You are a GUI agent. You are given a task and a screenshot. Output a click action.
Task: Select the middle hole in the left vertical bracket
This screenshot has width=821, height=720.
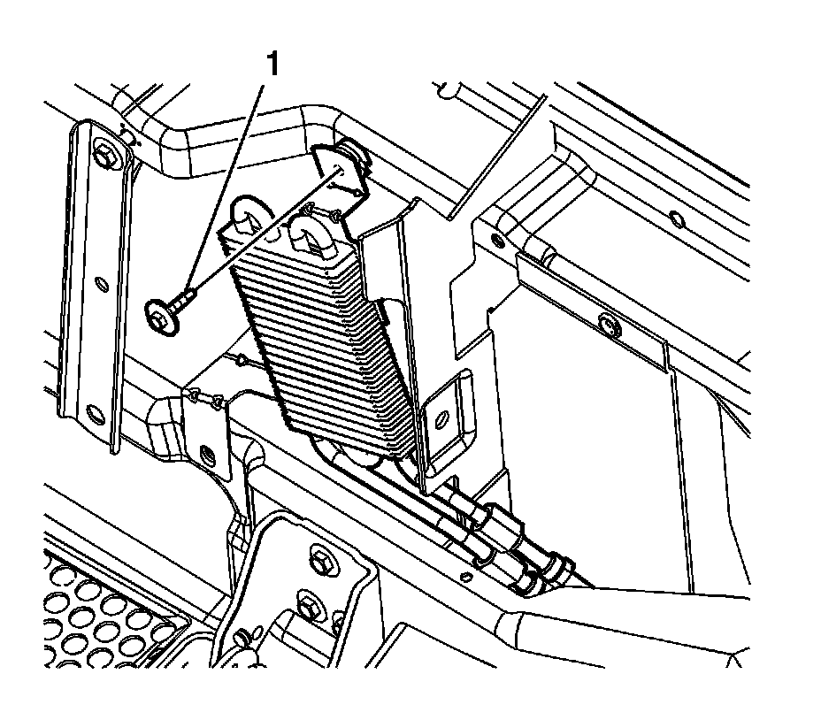coord(100,284)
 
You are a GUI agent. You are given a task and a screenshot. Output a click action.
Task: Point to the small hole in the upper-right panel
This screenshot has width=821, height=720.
coord(677,218)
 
